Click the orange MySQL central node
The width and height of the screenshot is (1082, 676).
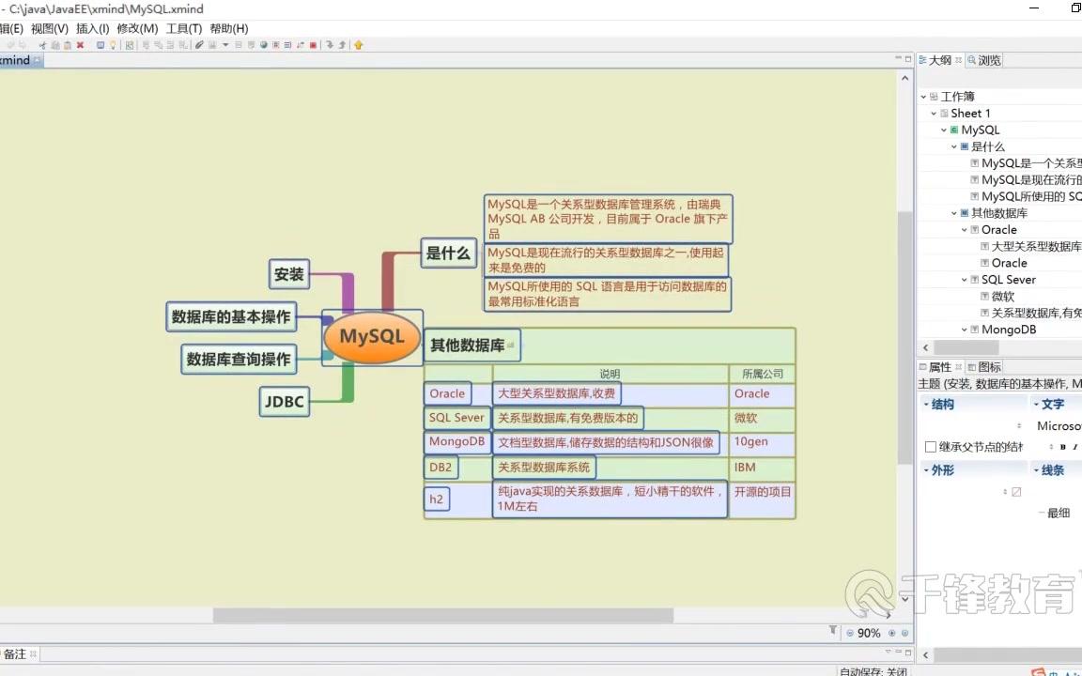371,337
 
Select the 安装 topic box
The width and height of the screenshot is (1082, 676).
289,274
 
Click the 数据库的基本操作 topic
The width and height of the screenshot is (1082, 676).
230,317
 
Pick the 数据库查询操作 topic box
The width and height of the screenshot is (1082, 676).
239,359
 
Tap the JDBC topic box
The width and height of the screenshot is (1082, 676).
284,402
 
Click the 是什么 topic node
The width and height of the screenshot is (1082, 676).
448,253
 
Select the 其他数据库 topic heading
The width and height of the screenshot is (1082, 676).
468,345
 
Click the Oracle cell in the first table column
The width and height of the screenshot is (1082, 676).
447,394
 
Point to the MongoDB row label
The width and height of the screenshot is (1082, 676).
456,441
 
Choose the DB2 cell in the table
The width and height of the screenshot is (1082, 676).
441,468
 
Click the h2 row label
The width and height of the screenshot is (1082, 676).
436,499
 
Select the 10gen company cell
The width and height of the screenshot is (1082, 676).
750,442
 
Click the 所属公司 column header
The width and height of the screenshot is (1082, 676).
762,374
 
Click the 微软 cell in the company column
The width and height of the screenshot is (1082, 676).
746,419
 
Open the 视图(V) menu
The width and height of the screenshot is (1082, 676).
50,29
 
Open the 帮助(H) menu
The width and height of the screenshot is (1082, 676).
229,29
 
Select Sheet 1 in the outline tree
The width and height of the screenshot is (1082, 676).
970,114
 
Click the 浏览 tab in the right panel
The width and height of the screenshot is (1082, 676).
989,60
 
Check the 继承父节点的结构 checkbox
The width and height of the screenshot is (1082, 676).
931,447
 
